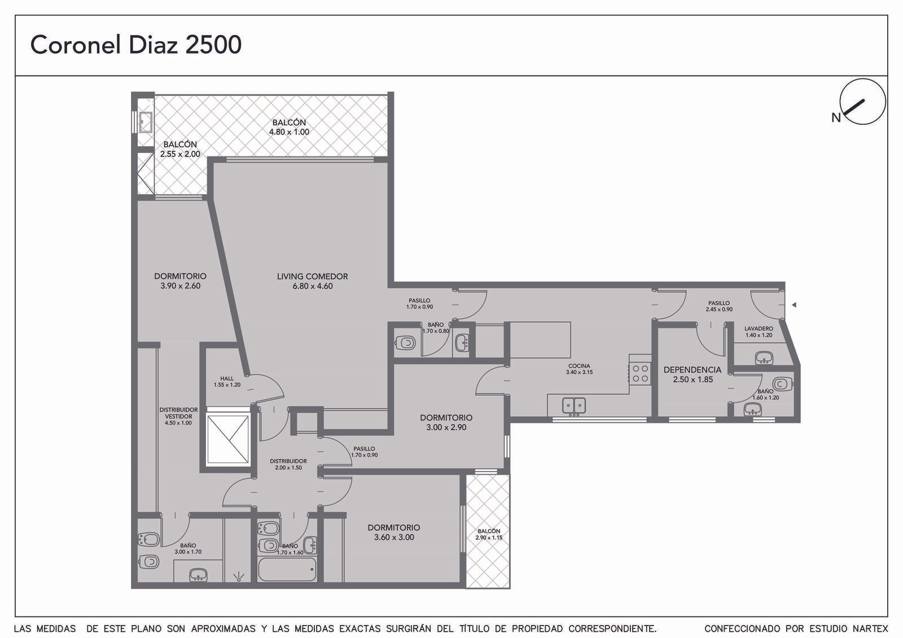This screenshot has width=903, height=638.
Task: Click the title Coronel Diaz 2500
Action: [136, 45]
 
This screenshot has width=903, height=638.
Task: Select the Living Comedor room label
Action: [313, 281]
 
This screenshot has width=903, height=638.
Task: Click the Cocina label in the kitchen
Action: [579, 369]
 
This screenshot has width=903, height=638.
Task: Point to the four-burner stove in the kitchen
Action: [640, 373]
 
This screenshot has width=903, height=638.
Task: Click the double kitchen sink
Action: [574, 406]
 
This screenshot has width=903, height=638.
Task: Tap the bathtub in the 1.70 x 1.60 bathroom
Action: [287, 569]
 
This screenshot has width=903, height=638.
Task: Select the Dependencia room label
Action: [692, 374]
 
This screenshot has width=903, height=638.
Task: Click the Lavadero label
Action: [759, 331]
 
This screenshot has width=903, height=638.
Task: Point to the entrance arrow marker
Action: [794, 305]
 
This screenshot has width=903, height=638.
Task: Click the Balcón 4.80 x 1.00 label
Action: [289, 127]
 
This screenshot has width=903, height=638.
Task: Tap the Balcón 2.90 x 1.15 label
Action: [489, 534]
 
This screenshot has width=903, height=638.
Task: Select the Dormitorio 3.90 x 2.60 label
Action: [180, 281]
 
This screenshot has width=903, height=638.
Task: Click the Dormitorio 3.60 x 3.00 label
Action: [394, 532]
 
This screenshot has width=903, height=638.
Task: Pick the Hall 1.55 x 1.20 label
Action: [227, 382]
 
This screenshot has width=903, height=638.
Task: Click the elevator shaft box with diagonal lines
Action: [228, 440]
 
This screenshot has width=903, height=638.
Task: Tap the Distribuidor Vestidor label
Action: [178, 416]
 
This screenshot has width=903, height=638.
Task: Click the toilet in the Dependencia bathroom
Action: [782, 383]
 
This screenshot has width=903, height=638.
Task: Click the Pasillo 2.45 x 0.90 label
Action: [719, 306]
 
